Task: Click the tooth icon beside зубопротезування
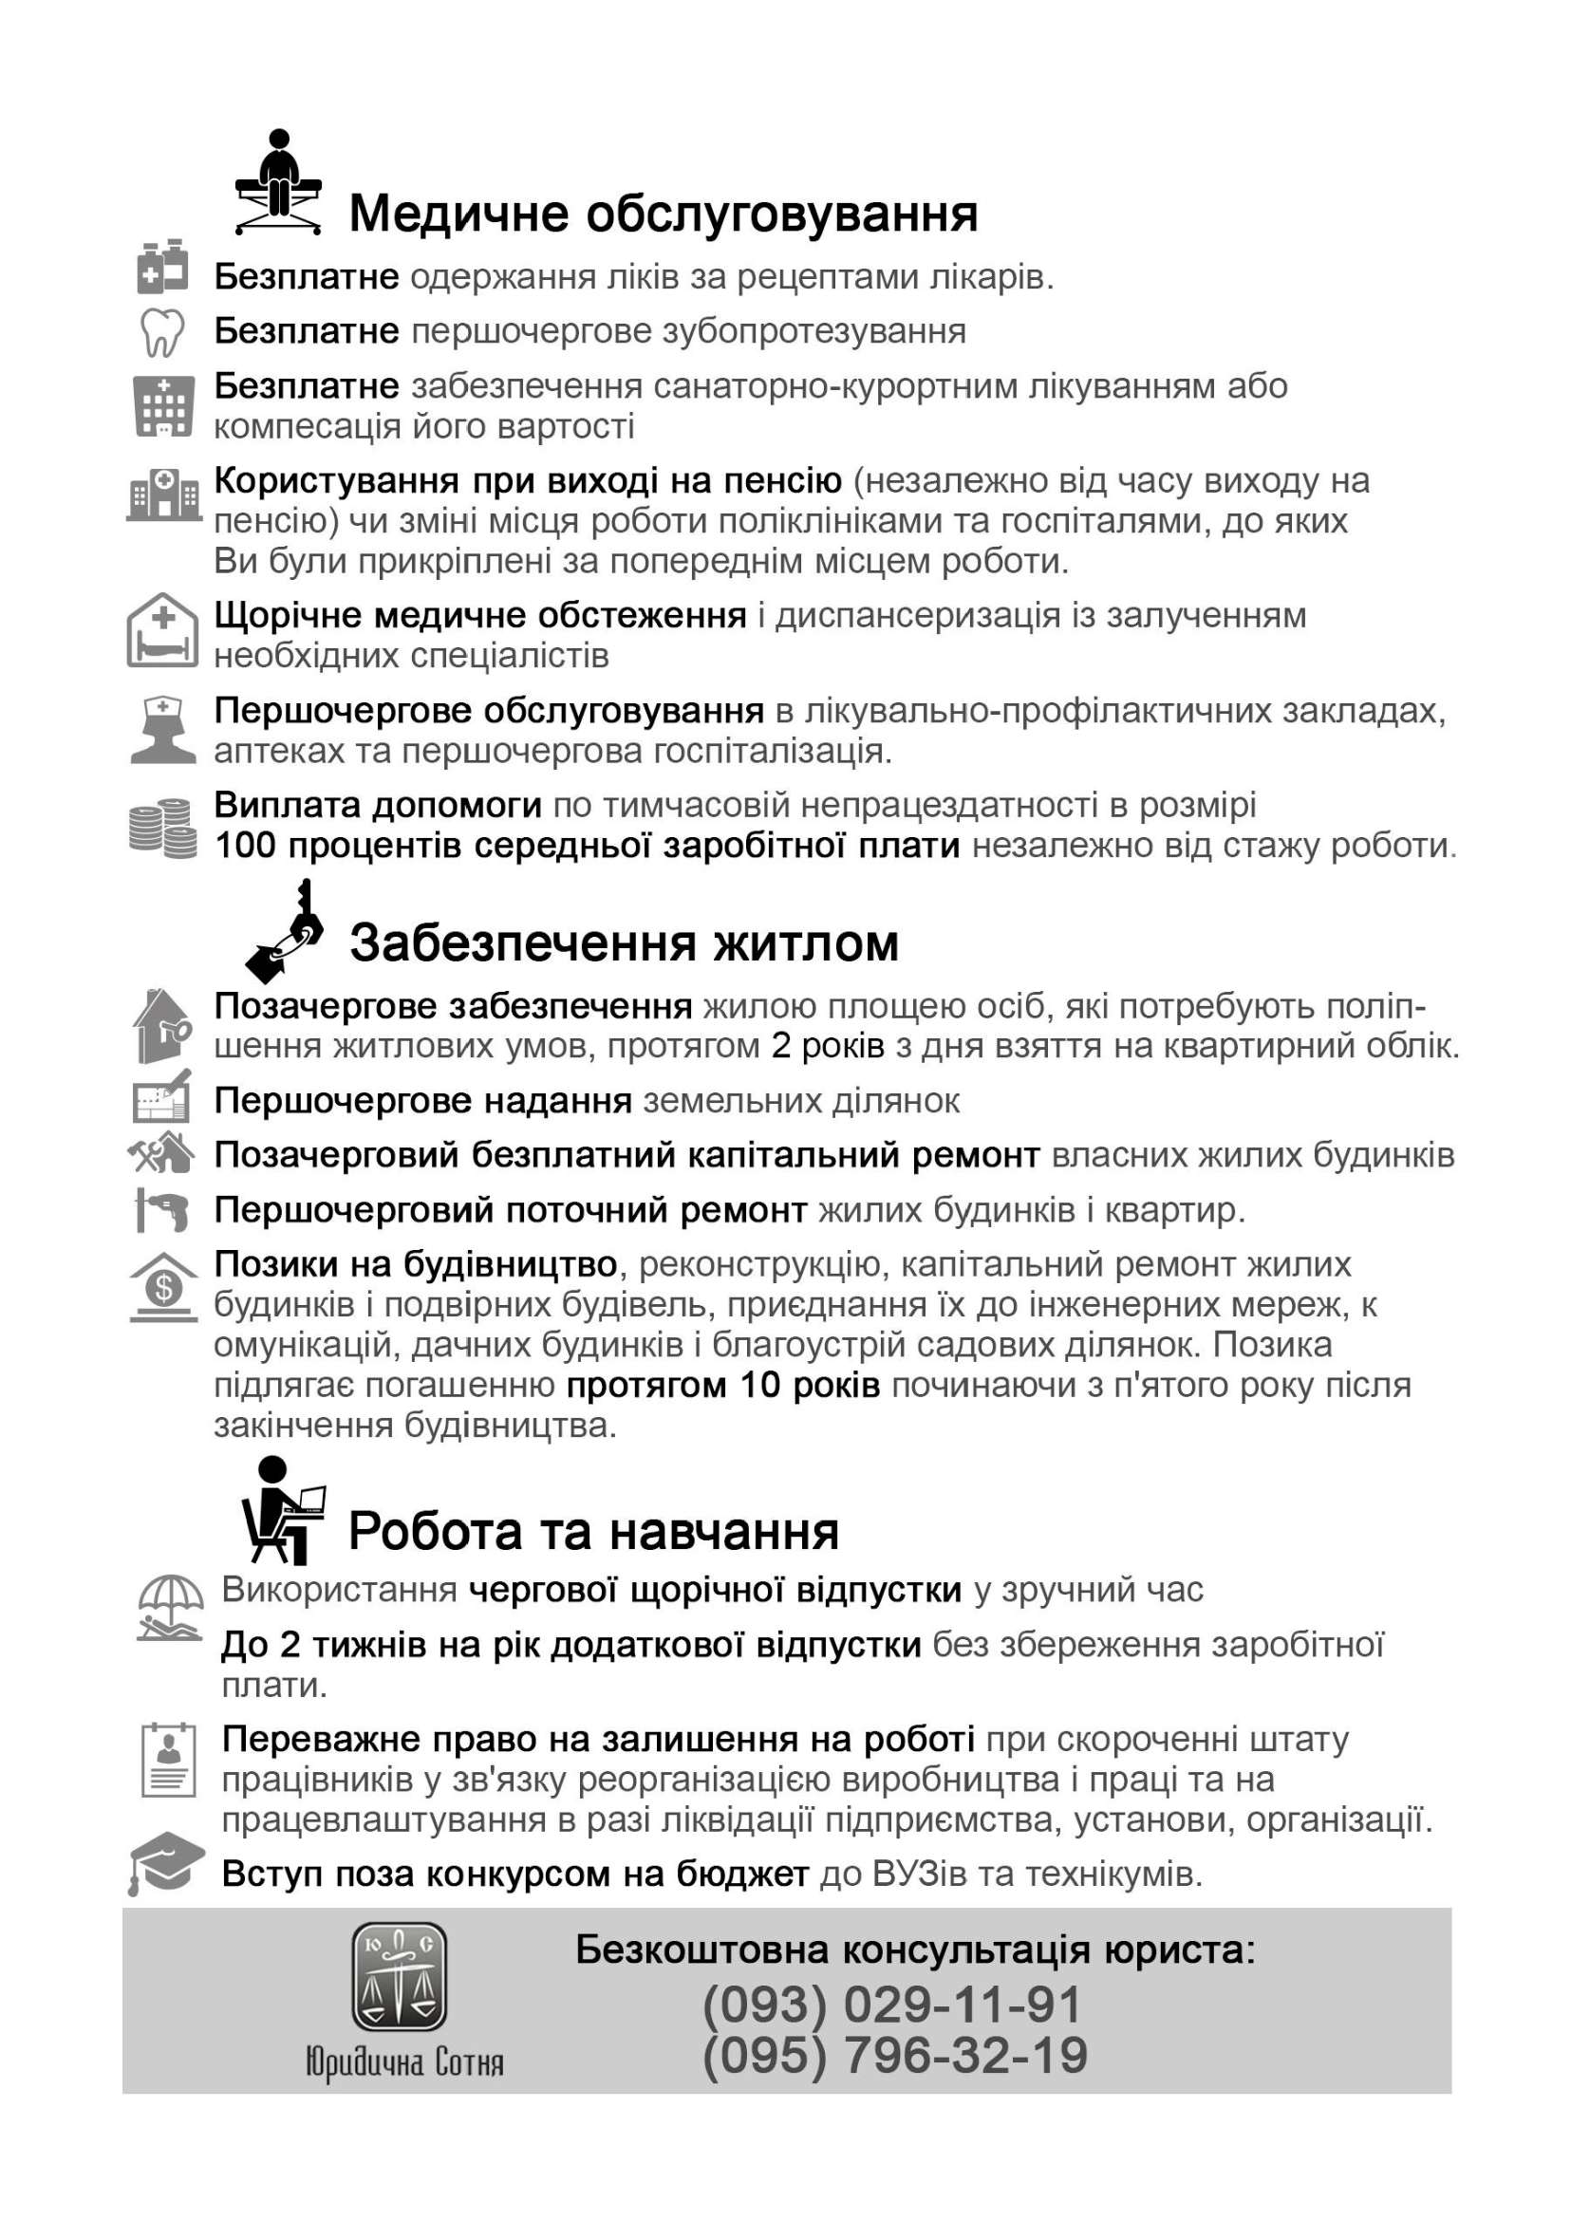tap(161, 332)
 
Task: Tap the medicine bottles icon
tap(161, 268)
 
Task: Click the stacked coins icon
tap(161, 828)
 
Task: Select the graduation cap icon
tap(165, 1863)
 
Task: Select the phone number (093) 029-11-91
tap(891, 2005)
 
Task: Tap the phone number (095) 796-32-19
tap(895, 2056)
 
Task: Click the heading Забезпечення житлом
tap(624, 943)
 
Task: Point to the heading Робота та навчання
tap(593, 1531)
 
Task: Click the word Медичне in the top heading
tap(458, 214)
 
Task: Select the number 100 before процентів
tap(246, 847)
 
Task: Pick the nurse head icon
tap(161, 730)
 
